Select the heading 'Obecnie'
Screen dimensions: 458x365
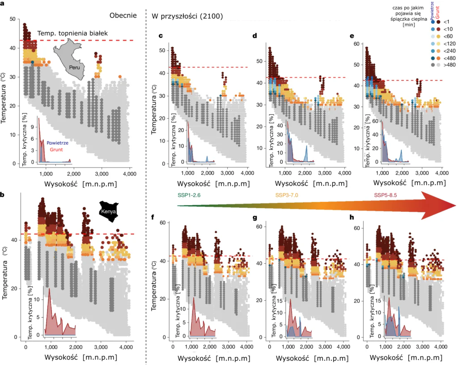[123, 16]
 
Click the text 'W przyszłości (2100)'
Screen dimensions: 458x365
[187, 17]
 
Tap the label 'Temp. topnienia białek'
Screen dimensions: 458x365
[72, 33]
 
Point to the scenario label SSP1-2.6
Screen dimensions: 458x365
[189, 195]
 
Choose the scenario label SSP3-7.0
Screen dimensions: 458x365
[287, 195]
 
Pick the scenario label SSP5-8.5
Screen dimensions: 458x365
[385, 195]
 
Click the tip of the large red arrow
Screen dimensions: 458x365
[456, 206]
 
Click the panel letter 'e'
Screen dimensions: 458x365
[352, 36]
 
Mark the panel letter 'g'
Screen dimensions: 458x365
[255, 218]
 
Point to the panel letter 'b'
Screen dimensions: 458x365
[2, 194]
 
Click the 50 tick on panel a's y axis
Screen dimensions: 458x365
[13, 19]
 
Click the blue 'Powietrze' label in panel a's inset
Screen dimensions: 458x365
[58, 143]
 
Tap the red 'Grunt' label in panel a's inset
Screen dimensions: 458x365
[56, 150]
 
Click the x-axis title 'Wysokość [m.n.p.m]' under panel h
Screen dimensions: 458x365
[406, 357]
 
